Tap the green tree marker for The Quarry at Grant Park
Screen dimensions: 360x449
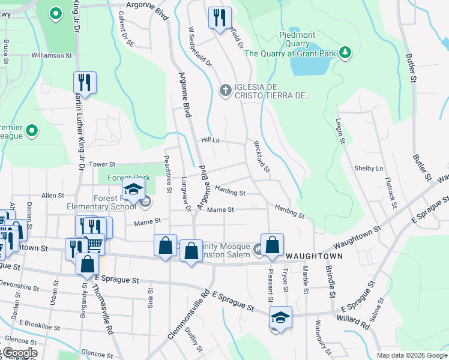tap(345, 53)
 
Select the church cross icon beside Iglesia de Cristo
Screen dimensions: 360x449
tap(226, 91)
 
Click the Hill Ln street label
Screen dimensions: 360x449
tap(210, 140)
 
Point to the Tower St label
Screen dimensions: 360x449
tap(101, 164)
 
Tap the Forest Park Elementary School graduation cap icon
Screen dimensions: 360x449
tap(134, 191)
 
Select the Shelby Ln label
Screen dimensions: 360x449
tap(369, 169)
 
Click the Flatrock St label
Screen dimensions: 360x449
tap(391, 191)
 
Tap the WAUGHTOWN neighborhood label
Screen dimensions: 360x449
tap(314, 256)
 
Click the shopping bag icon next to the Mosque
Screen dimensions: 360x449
tap(272, 244)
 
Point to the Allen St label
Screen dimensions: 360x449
tap(53, 196)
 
